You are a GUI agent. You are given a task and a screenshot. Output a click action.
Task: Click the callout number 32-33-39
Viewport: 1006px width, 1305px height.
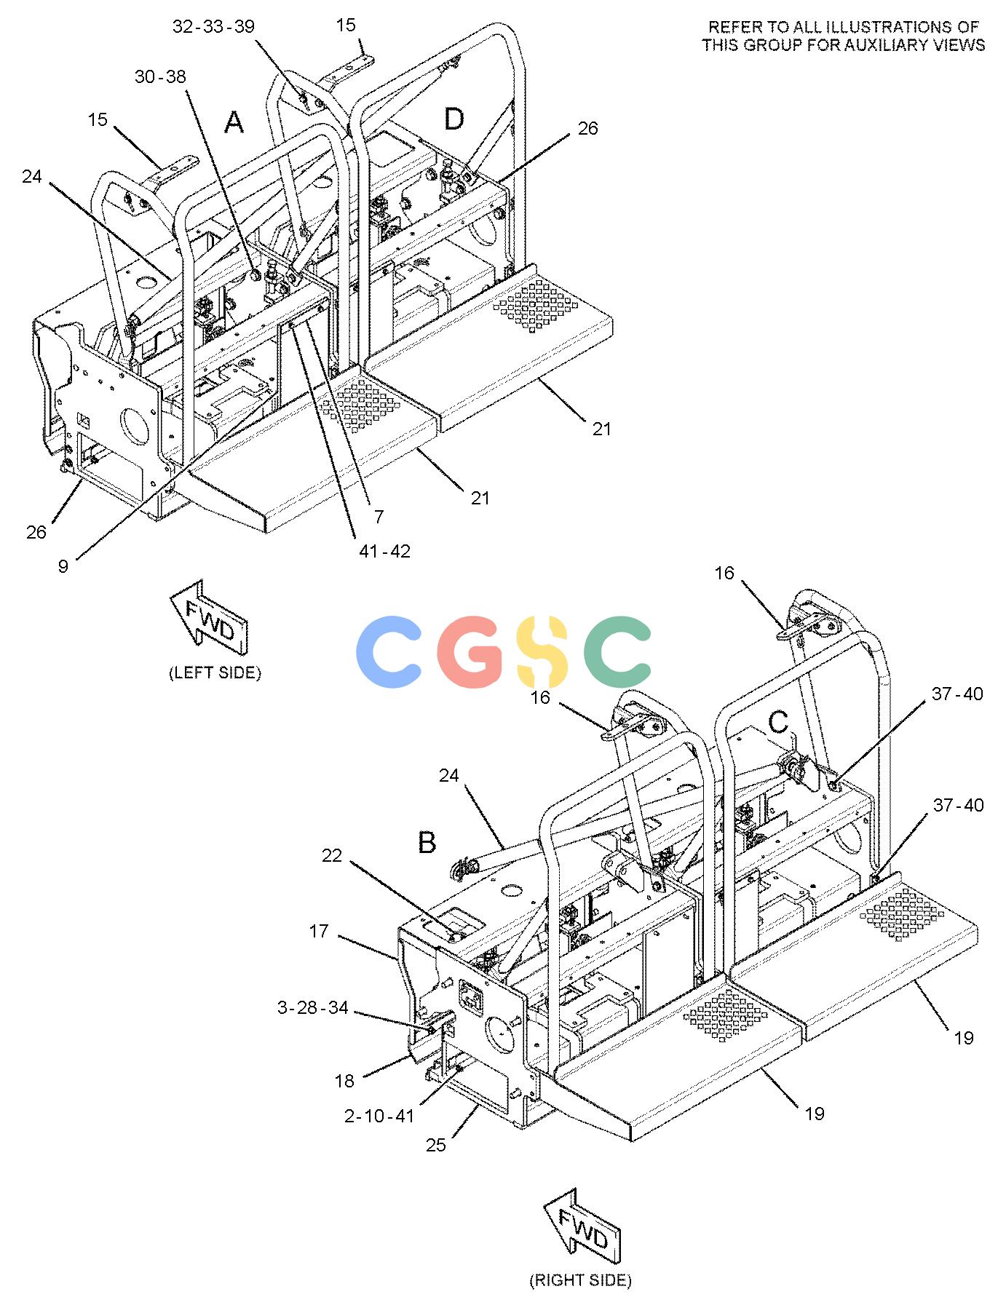coord(213,27)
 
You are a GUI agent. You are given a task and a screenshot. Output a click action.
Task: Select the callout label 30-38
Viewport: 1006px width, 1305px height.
coord(160,76)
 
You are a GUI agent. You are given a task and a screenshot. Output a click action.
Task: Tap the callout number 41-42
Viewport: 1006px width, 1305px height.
coord(384,551)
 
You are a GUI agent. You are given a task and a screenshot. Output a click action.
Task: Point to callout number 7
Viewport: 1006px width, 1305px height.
coord(379,517)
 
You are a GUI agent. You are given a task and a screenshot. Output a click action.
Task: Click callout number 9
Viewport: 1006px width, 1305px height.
coord(64,566)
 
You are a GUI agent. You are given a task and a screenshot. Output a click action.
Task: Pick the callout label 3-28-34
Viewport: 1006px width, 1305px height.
coord(313,1008)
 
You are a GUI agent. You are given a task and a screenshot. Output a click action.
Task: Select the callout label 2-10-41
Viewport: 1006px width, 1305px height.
coord(379,1115)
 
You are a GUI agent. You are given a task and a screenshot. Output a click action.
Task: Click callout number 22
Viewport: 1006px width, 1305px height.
coord(332,856)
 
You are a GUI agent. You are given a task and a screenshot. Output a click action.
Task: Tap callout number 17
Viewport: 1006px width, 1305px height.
coord(319,931)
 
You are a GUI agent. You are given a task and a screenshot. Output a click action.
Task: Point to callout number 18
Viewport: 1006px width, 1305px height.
coord(344,1081)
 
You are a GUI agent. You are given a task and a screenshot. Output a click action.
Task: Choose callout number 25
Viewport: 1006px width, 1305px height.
coord(436,1145)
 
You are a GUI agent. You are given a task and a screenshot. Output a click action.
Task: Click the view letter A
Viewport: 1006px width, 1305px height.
coord(234,122)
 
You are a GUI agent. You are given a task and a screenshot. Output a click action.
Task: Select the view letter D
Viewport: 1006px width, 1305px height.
coord(454,119)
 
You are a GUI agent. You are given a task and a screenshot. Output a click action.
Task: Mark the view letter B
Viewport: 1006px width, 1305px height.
coord(427,842)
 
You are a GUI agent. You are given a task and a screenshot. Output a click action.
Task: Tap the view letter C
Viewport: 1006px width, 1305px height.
coord(779,722)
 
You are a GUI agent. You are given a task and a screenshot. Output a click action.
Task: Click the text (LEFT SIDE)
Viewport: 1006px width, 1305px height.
coord(215,673)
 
